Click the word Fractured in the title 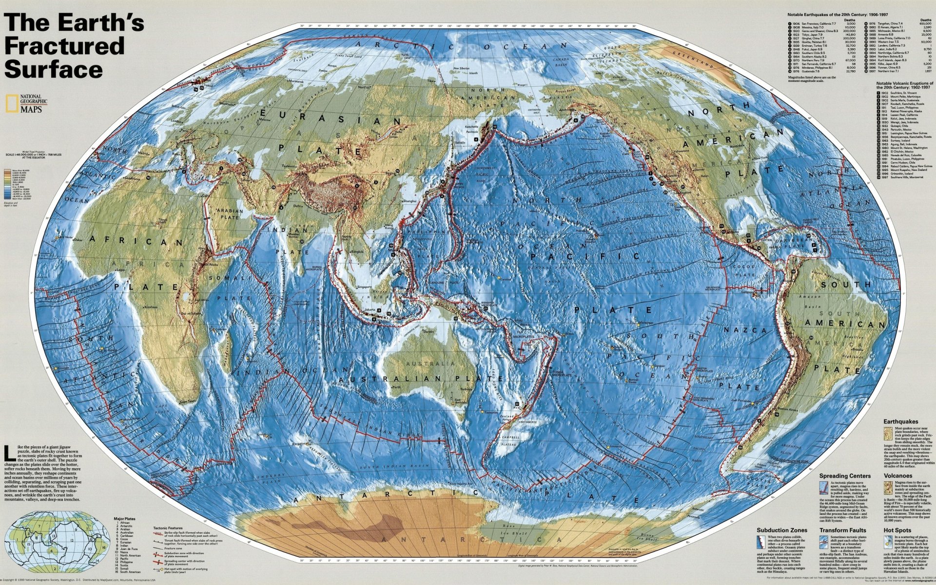click(64, 46)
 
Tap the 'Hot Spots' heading click(897, 530)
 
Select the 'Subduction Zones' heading click(782, 530)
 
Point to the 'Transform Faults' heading click(843, 530)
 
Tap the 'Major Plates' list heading click(123, 519)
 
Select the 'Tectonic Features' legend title click(168, 528)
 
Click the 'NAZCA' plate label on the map click(738, 331)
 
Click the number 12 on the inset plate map click(72, 541)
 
